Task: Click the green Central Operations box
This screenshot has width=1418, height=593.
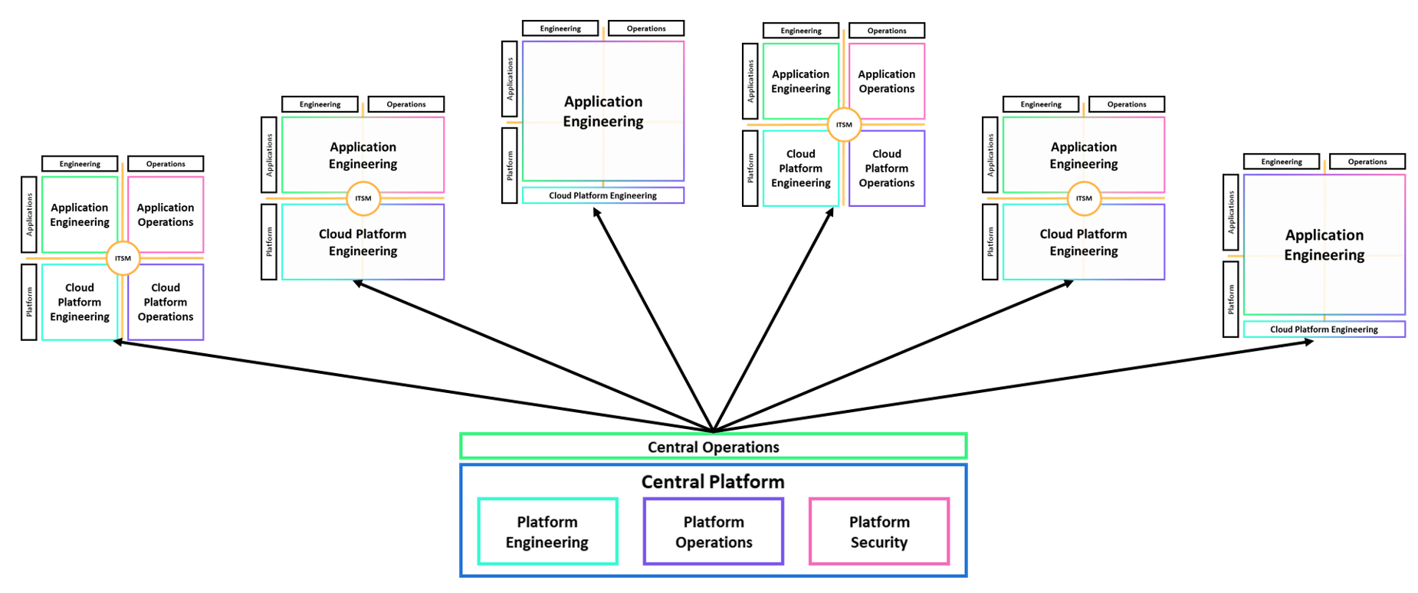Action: point(713,447)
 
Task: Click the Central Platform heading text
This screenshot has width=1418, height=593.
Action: point(713,482)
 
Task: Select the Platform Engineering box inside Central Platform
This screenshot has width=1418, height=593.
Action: point(547,532)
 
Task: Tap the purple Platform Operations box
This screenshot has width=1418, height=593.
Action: point(714,532)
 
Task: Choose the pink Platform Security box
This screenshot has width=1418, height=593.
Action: point(879,532)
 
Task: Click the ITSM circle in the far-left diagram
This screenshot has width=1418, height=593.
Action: point(123,258)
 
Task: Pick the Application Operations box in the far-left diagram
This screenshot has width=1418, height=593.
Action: point(166,215)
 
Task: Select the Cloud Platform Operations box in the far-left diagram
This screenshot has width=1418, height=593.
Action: point(166,302)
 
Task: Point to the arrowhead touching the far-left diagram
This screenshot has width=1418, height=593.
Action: point(117,342)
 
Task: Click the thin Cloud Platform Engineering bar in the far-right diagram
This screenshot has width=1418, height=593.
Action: point(1324,329)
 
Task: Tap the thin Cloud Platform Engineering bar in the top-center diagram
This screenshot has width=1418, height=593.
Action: point(602,195)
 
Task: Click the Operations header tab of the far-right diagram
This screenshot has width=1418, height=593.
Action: point(1367,162)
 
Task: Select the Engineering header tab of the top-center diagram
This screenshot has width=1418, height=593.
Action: point(560,28)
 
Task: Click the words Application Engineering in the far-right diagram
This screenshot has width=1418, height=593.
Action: point(1324,245)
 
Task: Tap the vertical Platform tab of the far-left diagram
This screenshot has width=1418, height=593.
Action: point(29,302)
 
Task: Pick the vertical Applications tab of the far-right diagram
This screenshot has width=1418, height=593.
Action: point(1230,212)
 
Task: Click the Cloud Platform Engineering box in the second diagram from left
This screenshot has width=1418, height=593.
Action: point(363,242)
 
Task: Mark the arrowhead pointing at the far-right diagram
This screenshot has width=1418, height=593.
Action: point(1310,342)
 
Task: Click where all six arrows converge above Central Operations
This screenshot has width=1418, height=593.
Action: point(713,431)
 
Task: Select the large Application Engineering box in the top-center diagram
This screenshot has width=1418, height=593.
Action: point(603,111)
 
